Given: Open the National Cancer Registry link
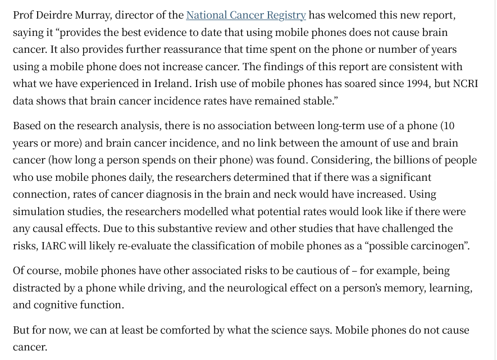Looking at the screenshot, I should [246, 15].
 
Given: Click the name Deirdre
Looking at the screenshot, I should [57, 15].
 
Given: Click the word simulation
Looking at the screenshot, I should [39, 212].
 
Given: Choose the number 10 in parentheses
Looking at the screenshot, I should [448, 125].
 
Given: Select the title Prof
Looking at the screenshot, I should [24, 15].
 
